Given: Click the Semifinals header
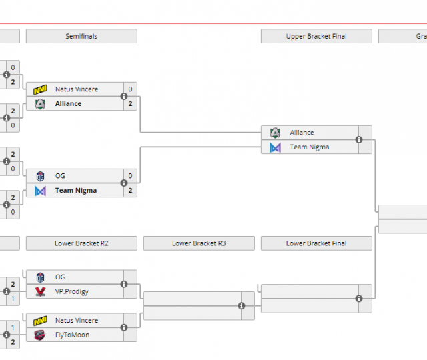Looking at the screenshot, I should pyautogui.click(x=81, y=36).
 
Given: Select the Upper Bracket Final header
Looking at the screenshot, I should pyautogui.click(x=316, y=36).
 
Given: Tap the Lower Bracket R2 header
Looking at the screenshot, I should pyautogui.click(x=81, y=243).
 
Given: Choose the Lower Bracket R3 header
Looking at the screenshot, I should pyautogui.click(x=199, y=243).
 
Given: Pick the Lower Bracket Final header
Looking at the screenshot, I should pyautogui.click(x=316, y=243).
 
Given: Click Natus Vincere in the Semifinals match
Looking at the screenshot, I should pyautogui.click(x=77, y=89).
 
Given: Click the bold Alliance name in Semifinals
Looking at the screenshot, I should pyautogui.click(x=69, y=103).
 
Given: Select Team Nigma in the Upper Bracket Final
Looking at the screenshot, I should pyautogui.click(x=310, y=147).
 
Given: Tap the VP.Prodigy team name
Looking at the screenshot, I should pyautogui.click(x=72, y=291).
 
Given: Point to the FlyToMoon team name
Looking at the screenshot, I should pyautogui.click(x=73, y=335).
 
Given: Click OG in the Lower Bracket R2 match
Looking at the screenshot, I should pyautogui.click(x=61, y=277).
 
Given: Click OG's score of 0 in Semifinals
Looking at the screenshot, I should pyautogui.click(x=130, y=176).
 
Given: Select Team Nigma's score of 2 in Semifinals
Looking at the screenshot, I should pyautogui.click(x=130, y=191).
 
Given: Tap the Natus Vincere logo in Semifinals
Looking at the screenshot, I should pyautogui.click(x=40, y=89).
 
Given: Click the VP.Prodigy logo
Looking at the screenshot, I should pyautogui.click(x=40, y=291).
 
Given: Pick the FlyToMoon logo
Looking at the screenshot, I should pyautogui.click(x=40, y=335).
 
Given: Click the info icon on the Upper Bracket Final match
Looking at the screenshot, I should pyautogui.click(x=359, y=139).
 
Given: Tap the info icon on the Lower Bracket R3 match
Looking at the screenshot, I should pyautogui.click(x=242, y=306).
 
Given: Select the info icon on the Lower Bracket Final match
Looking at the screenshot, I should pyautogui.click(x=359, y=298).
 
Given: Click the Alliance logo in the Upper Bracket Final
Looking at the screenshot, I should pyautogui.click(x=275, y=133).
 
